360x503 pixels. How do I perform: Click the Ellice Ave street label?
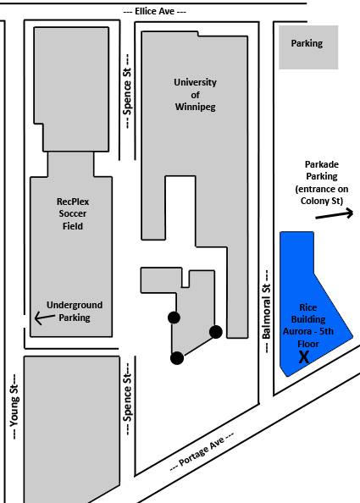(155, 12)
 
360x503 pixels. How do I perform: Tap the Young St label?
(14, 406)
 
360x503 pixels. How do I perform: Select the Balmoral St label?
(266, 312)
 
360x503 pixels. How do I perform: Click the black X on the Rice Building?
(304, 357)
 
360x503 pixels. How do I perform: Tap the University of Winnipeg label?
(195, 95)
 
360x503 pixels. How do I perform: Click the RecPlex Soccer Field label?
(73, 213)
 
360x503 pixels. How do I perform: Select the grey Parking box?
(308, 47)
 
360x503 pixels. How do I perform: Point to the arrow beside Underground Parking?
(45, 318)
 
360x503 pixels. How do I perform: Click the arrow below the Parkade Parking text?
(335, 214)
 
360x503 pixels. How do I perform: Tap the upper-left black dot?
(174, 318)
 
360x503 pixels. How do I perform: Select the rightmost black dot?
(216, 332)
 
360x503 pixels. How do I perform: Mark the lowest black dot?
(177, 358)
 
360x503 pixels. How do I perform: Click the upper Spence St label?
(127, 91)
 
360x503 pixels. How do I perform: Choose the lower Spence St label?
(127, 399)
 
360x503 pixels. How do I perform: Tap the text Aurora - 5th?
(308, 331)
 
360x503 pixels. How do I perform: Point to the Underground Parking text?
(75, 311)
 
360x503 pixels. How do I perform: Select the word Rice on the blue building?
(308, 307)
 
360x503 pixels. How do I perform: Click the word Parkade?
(322, 164)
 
